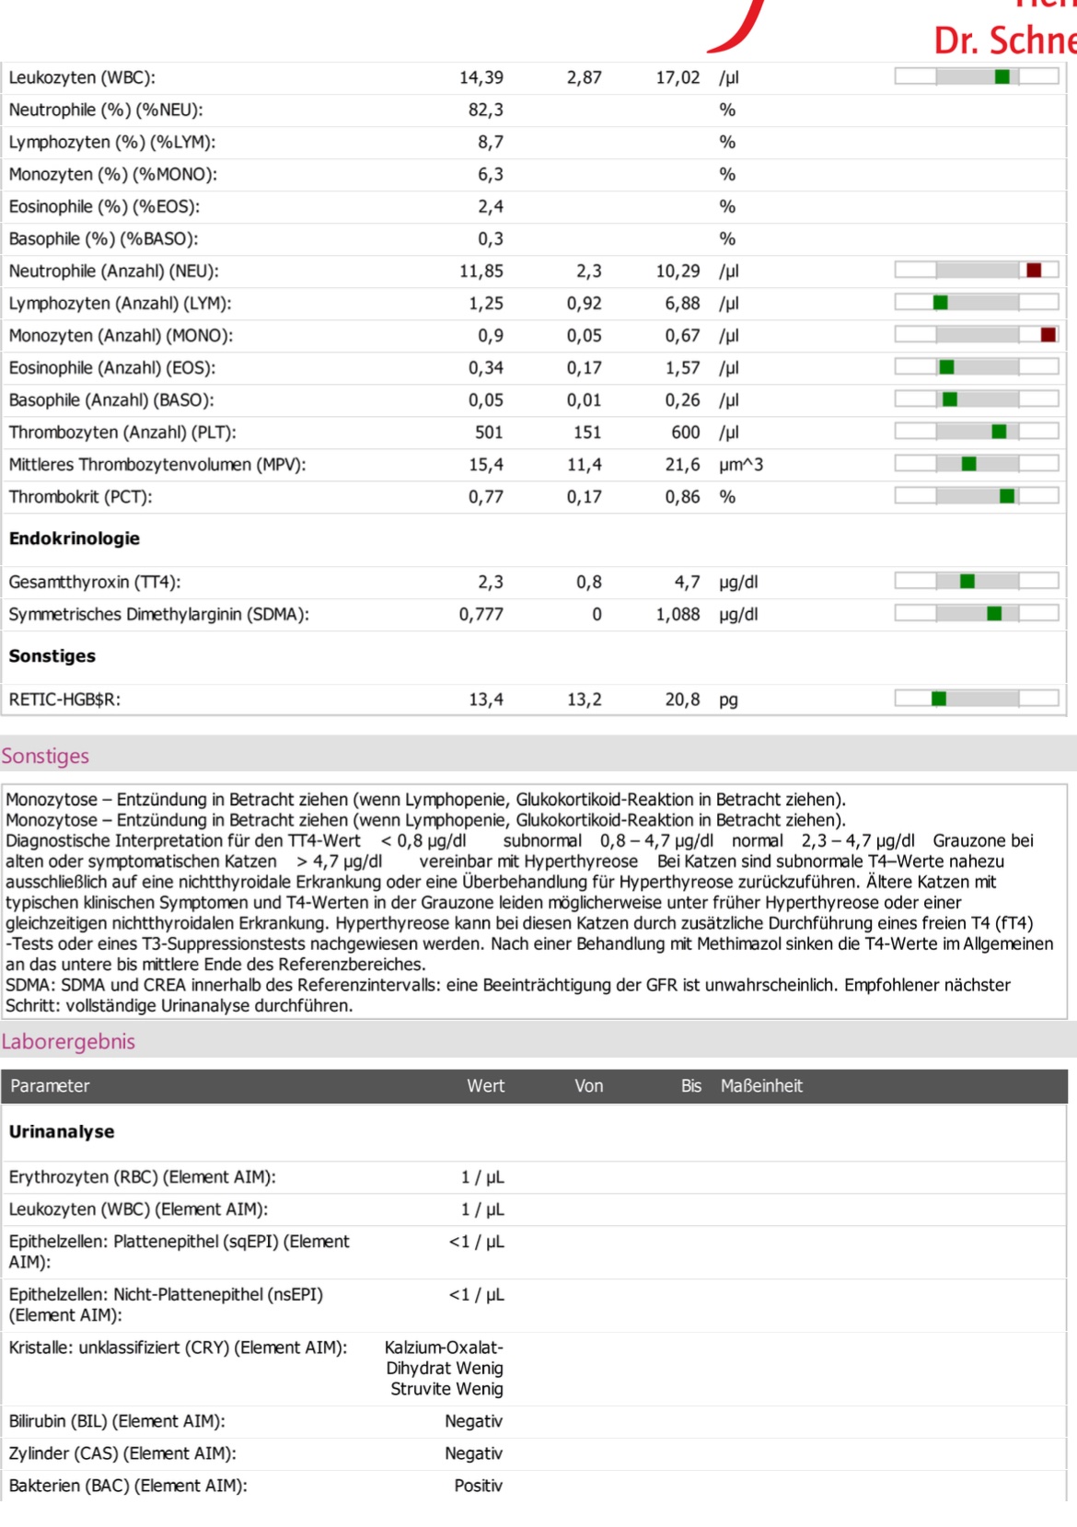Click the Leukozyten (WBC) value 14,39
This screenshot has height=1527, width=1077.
481,77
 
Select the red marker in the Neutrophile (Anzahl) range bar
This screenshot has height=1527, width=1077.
1034,271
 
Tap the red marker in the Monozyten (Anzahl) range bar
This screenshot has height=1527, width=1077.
1048,335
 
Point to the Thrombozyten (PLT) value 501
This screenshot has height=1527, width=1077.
489,433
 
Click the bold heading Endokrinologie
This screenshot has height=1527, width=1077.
75,538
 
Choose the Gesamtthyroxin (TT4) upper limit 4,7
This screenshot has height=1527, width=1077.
687,582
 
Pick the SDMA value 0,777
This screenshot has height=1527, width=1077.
481,614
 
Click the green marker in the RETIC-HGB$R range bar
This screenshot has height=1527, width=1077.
939,699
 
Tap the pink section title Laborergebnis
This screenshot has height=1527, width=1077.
68,1042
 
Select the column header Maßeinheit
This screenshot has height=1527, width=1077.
761,1086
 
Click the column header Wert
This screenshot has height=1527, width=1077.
486,1086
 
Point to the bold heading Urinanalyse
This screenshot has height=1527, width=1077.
62,1131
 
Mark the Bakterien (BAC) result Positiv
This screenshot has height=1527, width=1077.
479,1486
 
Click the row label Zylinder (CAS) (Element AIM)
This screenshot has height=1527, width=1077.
122,1453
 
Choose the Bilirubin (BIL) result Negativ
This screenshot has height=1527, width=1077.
474,1421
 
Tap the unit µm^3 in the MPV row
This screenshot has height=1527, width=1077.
741,465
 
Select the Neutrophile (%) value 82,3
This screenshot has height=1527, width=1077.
486,110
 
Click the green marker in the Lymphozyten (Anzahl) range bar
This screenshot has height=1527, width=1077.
941,303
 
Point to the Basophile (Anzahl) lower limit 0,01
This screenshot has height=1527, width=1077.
585,400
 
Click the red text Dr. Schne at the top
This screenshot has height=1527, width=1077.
1005,40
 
